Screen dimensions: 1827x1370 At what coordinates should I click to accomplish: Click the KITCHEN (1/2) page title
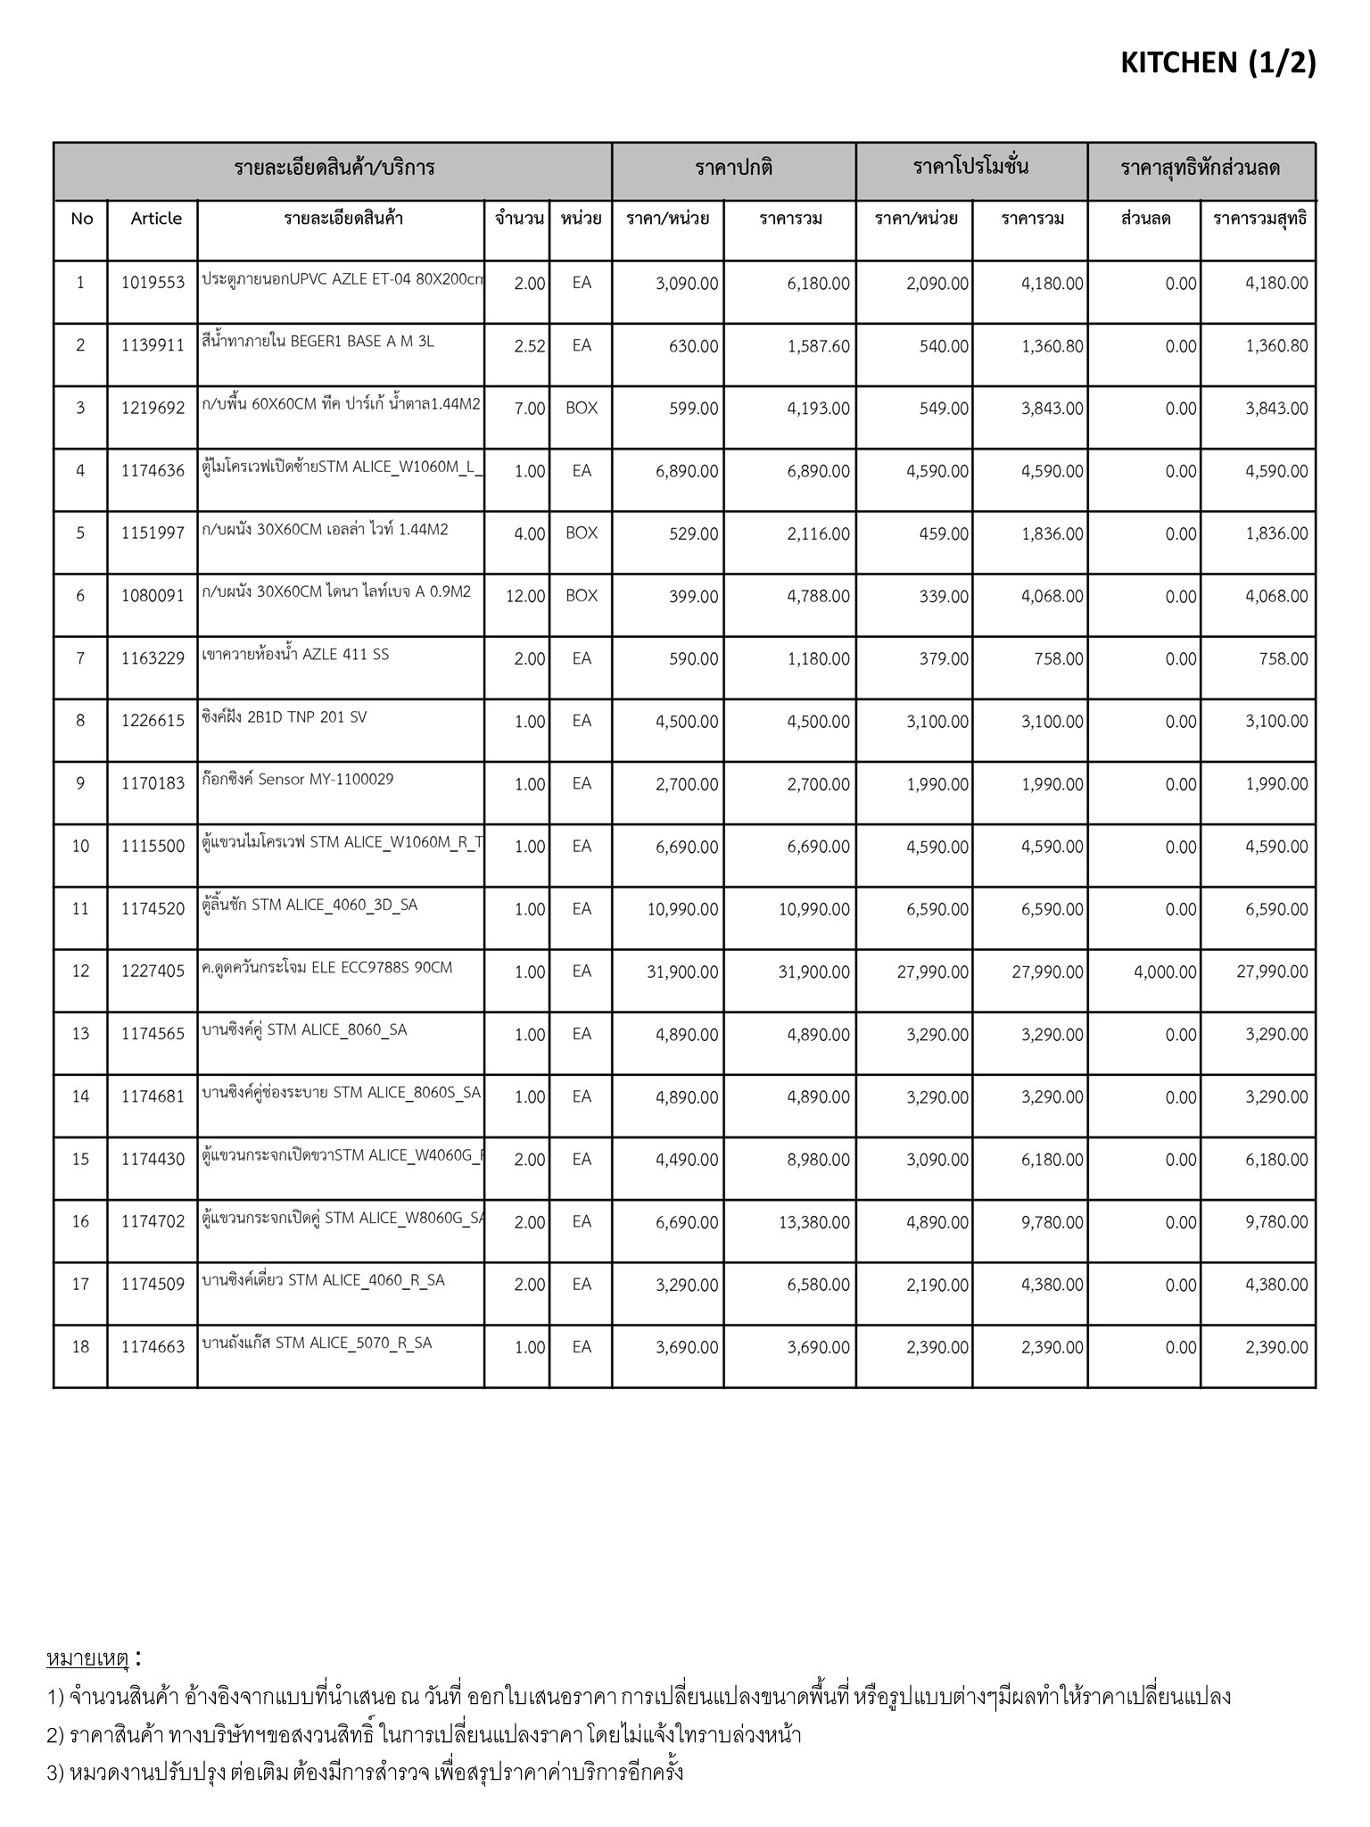1217,62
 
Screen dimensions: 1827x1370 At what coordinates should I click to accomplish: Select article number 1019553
153,283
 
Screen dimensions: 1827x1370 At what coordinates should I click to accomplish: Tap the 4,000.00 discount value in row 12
1165,971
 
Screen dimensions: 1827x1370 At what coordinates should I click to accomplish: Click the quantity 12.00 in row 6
525,596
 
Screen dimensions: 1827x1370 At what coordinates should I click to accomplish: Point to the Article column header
156,219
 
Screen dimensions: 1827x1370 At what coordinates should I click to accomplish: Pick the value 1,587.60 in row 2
818,346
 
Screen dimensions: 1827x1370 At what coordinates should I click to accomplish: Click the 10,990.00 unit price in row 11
681,909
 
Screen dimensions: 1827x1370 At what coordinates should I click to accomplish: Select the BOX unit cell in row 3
582,409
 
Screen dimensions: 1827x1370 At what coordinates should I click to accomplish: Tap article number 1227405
153,971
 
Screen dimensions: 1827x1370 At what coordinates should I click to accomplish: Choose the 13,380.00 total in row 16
813,1222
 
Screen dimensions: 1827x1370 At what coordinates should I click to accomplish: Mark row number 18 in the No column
80,1347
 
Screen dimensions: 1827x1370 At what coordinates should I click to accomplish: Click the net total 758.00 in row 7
1284,659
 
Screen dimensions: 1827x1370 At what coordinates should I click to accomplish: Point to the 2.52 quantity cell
529,346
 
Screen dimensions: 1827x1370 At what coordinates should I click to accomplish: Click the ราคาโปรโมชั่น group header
970,168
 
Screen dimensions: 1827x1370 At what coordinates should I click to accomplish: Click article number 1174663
153,1347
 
